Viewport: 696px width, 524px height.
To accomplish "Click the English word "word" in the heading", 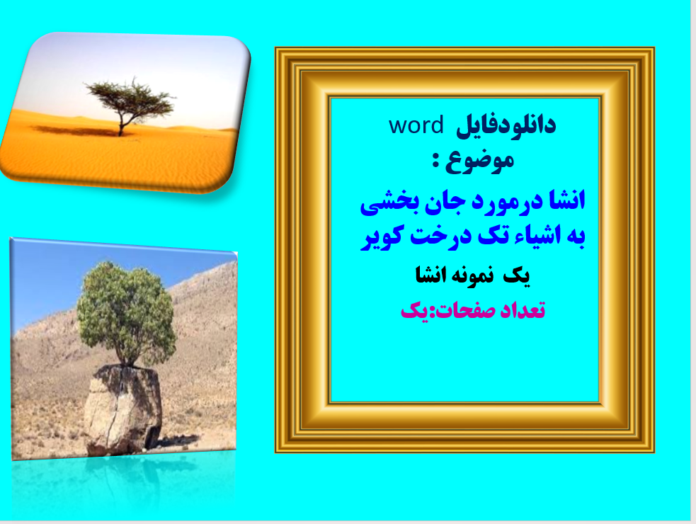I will click(x=416, y=125).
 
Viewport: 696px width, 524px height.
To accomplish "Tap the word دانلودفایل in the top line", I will click(x=506, y=125).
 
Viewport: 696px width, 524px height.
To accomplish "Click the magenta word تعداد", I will click(x=520, y=311).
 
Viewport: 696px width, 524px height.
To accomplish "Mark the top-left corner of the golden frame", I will click(x=278, y=50).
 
